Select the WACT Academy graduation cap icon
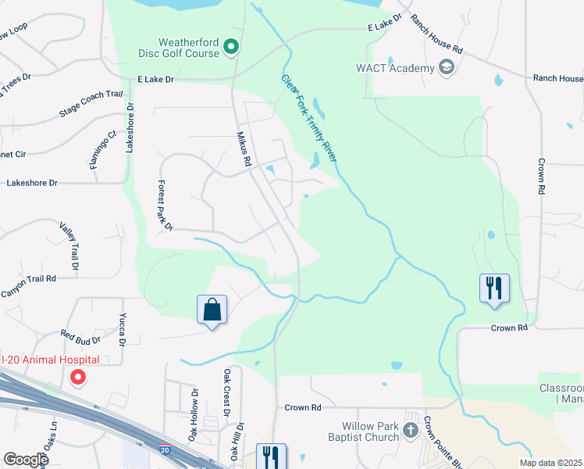point(447,67)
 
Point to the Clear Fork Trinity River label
point(309,118)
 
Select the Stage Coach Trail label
point(91,105)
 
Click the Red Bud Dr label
point(80,340)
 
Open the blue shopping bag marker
point(212,310)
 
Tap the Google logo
point(26,460)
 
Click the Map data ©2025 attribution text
point(550,463)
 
